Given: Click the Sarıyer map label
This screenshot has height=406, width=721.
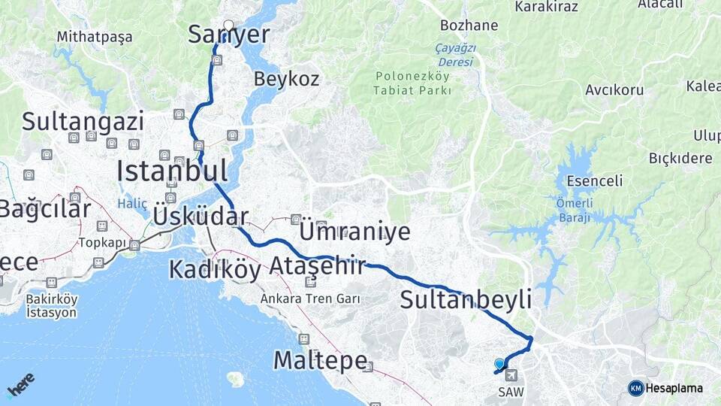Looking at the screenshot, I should (x=228, y=35).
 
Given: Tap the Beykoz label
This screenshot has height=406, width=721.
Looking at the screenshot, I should (x=286, y=79).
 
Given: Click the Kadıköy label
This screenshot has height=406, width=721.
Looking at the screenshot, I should (x=214, y=268).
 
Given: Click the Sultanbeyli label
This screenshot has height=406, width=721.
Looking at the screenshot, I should (x=466, y=299).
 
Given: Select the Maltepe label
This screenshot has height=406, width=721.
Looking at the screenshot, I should (x=319, y=360).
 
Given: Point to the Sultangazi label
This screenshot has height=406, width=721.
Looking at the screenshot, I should (x=83, y=121).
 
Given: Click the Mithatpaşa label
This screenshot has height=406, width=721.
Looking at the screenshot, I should (x=95, y=37).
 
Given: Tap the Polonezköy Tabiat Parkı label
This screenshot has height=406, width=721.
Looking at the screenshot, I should (x=412, y=83).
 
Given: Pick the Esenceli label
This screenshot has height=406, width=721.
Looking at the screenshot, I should (x=595, y=181).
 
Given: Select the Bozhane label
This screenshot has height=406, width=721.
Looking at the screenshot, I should (x=469, y=26).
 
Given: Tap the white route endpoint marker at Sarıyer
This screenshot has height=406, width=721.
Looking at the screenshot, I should (x=228, y=24).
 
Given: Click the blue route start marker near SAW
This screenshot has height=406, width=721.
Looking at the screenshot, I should (x=499, y=364).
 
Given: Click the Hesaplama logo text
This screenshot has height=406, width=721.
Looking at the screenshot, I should (x=674, y=389).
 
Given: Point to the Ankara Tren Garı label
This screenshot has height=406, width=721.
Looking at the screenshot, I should (x=310, y=298).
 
